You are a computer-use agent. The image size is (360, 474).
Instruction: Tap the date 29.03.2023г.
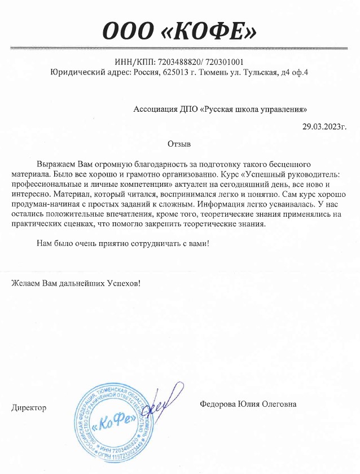[x=324, y=126]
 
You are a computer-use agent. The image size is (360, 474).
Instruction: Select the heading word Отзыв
[x=180, y=144]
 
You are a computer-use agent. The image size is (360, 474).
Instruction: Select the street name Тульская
[x=260, y=72]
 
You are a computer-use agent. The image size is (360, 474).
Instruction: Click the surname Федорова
[x=218, y=404]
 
